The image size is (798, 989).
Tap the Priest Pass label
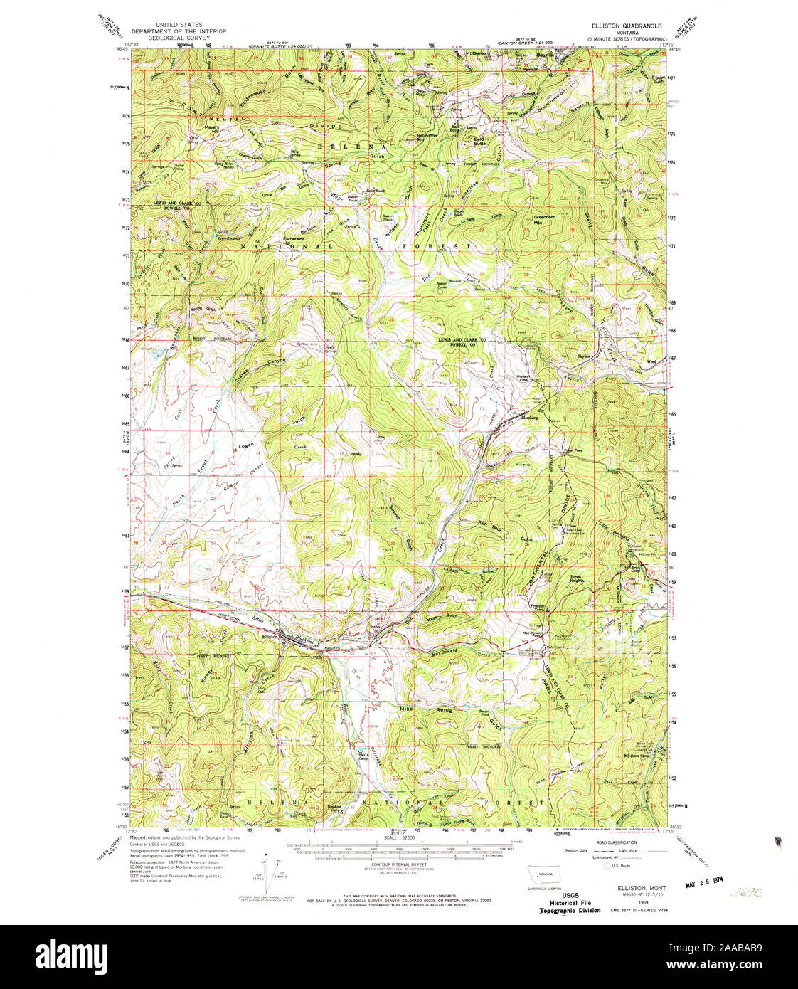click(x=573, y=450)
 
